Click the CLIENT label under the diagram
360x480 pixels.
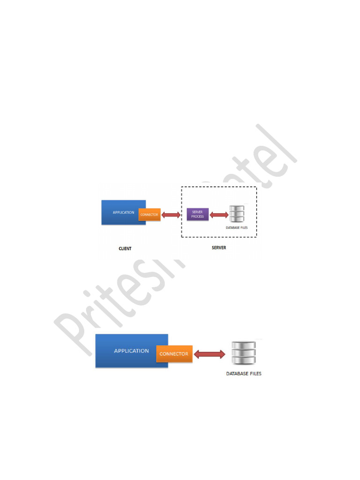(x=125, y=249)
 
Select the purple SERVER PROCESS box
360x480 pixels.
(x=197, y=215)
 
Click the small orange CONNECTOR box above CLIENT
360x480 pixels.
(x=150, y=215)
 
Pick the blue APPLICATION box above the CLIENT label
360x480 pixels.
(x=120, y=212)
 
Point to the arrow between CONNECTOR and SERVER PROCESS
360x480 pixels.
(x=171, y=215)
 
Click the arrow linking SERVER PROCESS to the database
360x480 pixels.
(x=218, y=215)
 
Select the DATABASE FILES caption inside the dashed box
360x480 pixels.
(x=237, y=228)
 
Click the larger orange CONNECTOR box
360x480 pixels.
(x=173, y=354)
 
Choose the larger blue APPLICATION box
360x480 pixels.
(x=127, y=351)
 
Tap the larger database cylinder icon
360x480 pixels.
(x=243, y=352)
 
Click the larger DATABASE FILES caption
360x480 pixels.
(x=244, y=374)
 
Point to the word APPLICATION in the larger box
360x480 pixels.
(x=132, y=351)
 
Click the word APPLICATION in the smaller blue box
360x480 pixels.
(x=123, y=212)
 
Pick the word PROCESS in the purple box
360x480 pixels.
(x=197, y=217)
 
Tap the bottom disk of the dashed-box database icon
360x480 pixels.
(x=236, y=219)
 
